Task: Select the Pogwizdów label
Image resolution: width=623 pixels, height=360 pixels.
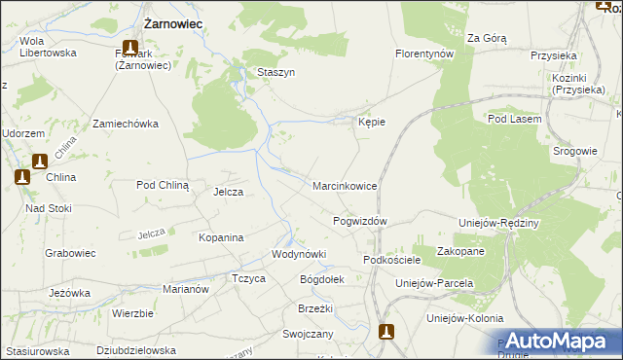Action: pyautogui.click(x=360, y=221)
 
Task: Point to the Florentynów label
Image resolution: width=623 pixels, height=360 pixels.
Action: pyautogui.click(x=424, y=54)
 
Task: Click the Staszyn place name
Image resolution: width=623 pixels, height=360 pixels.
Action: pyautogui.click(x=275, y=72)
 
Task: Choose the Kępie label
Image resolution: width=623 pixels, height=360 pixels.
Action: pyautogui.click(x=372, y=122)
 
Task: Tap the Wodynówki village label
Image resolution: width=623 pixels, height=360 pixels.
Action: pyautogui.click(x=299, y=254)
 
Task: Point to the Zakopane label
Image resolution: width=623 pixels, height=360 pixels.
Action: pyautogui.click(x=461, y=251)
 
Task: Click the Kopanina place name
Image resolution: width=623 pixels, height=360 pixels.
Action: pyautogui.click(x=220, y=236)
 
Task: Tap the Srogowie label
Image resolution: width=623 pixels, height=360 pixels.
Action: pyautogui.click(x=574, y=151)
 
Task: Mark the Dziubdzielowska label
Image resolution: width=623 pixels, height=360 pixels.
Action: pyautogui.click(x=136, y=349)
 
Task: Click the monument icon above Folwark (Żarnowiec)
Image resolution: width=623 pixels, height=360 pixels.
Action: pyautogui.click(x=129, y=46)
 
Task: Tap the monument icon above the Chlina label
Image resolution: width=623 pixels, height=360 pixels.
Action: pyautogui.click(x=40, y=162)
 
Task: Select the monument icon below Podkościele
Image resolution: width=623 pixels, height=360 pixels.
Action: pyautogui.click(x=386, y=331)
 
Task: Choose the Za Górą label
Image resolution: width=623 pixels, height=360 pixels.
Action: pyautogui.click(x=487, y=38)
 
